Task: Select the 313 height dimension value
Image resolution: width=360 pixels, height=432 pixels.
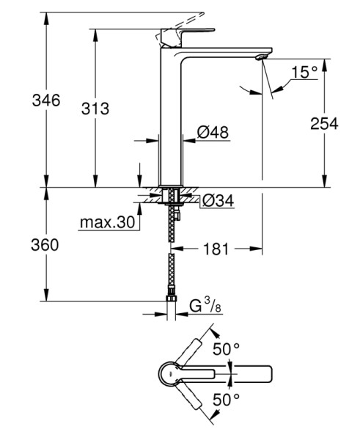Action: [95, 109]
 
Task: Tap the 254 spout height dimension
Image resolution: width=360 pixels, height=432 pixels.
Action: [323, 124]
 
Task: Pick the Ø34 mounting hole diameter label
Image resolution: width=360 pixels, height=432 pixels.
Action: [217, 199]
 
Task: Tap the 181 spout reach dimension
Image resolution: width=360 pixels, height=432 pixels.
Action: [216, 249]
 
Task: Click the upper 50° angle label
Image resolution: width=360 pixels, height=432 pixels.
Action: [227, 348]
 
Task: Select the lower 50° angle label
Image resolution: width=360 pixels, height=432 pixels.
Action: [227, 400]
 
